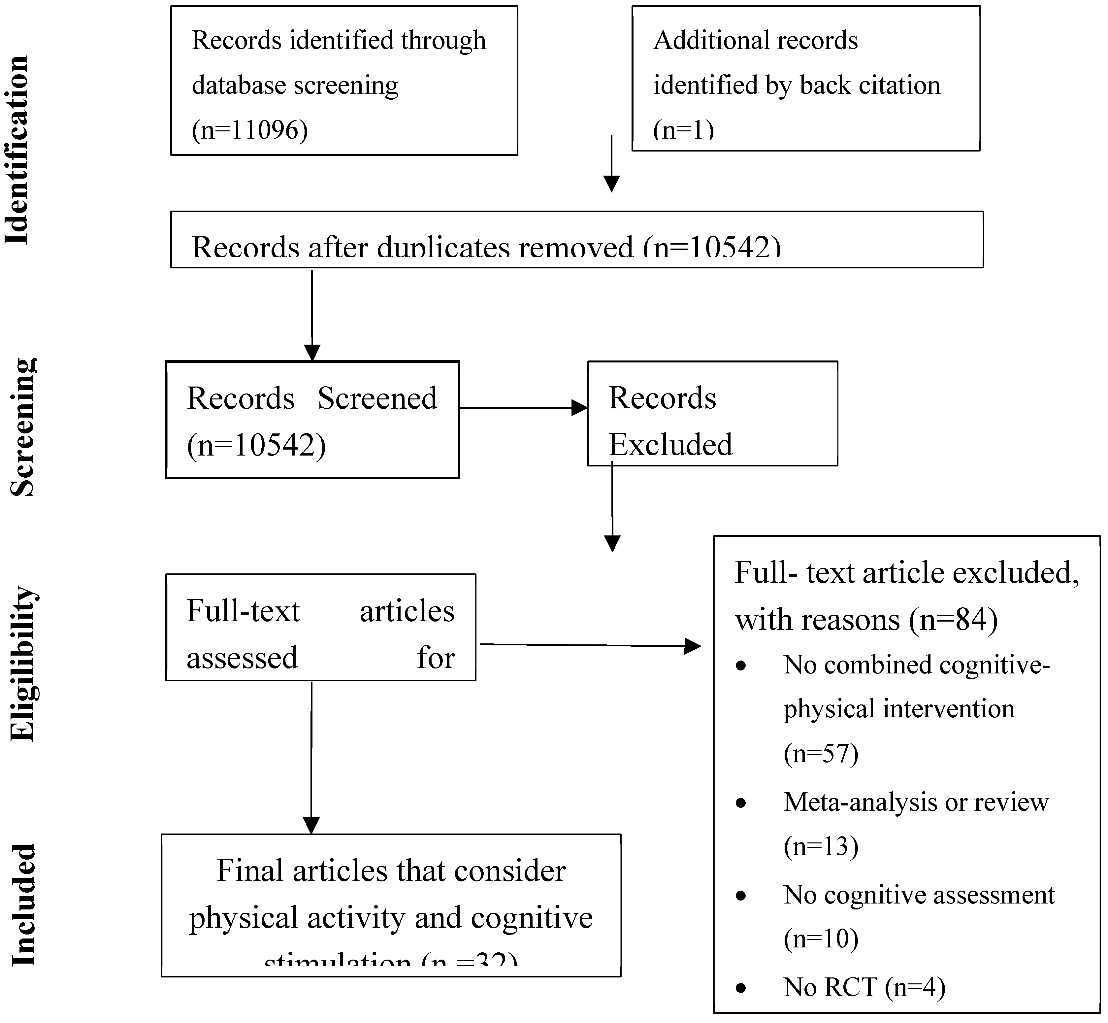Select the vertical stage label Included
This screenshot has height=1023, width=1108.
[x=23, y=905]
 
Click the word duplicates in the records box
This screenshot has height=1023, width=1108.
[x=443, y=248]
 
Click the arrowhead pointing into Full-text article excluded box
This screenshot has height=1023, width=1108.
[x=693, y=646]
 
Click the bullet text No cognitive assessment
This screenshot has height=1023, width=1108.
[x=919, y=895]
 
